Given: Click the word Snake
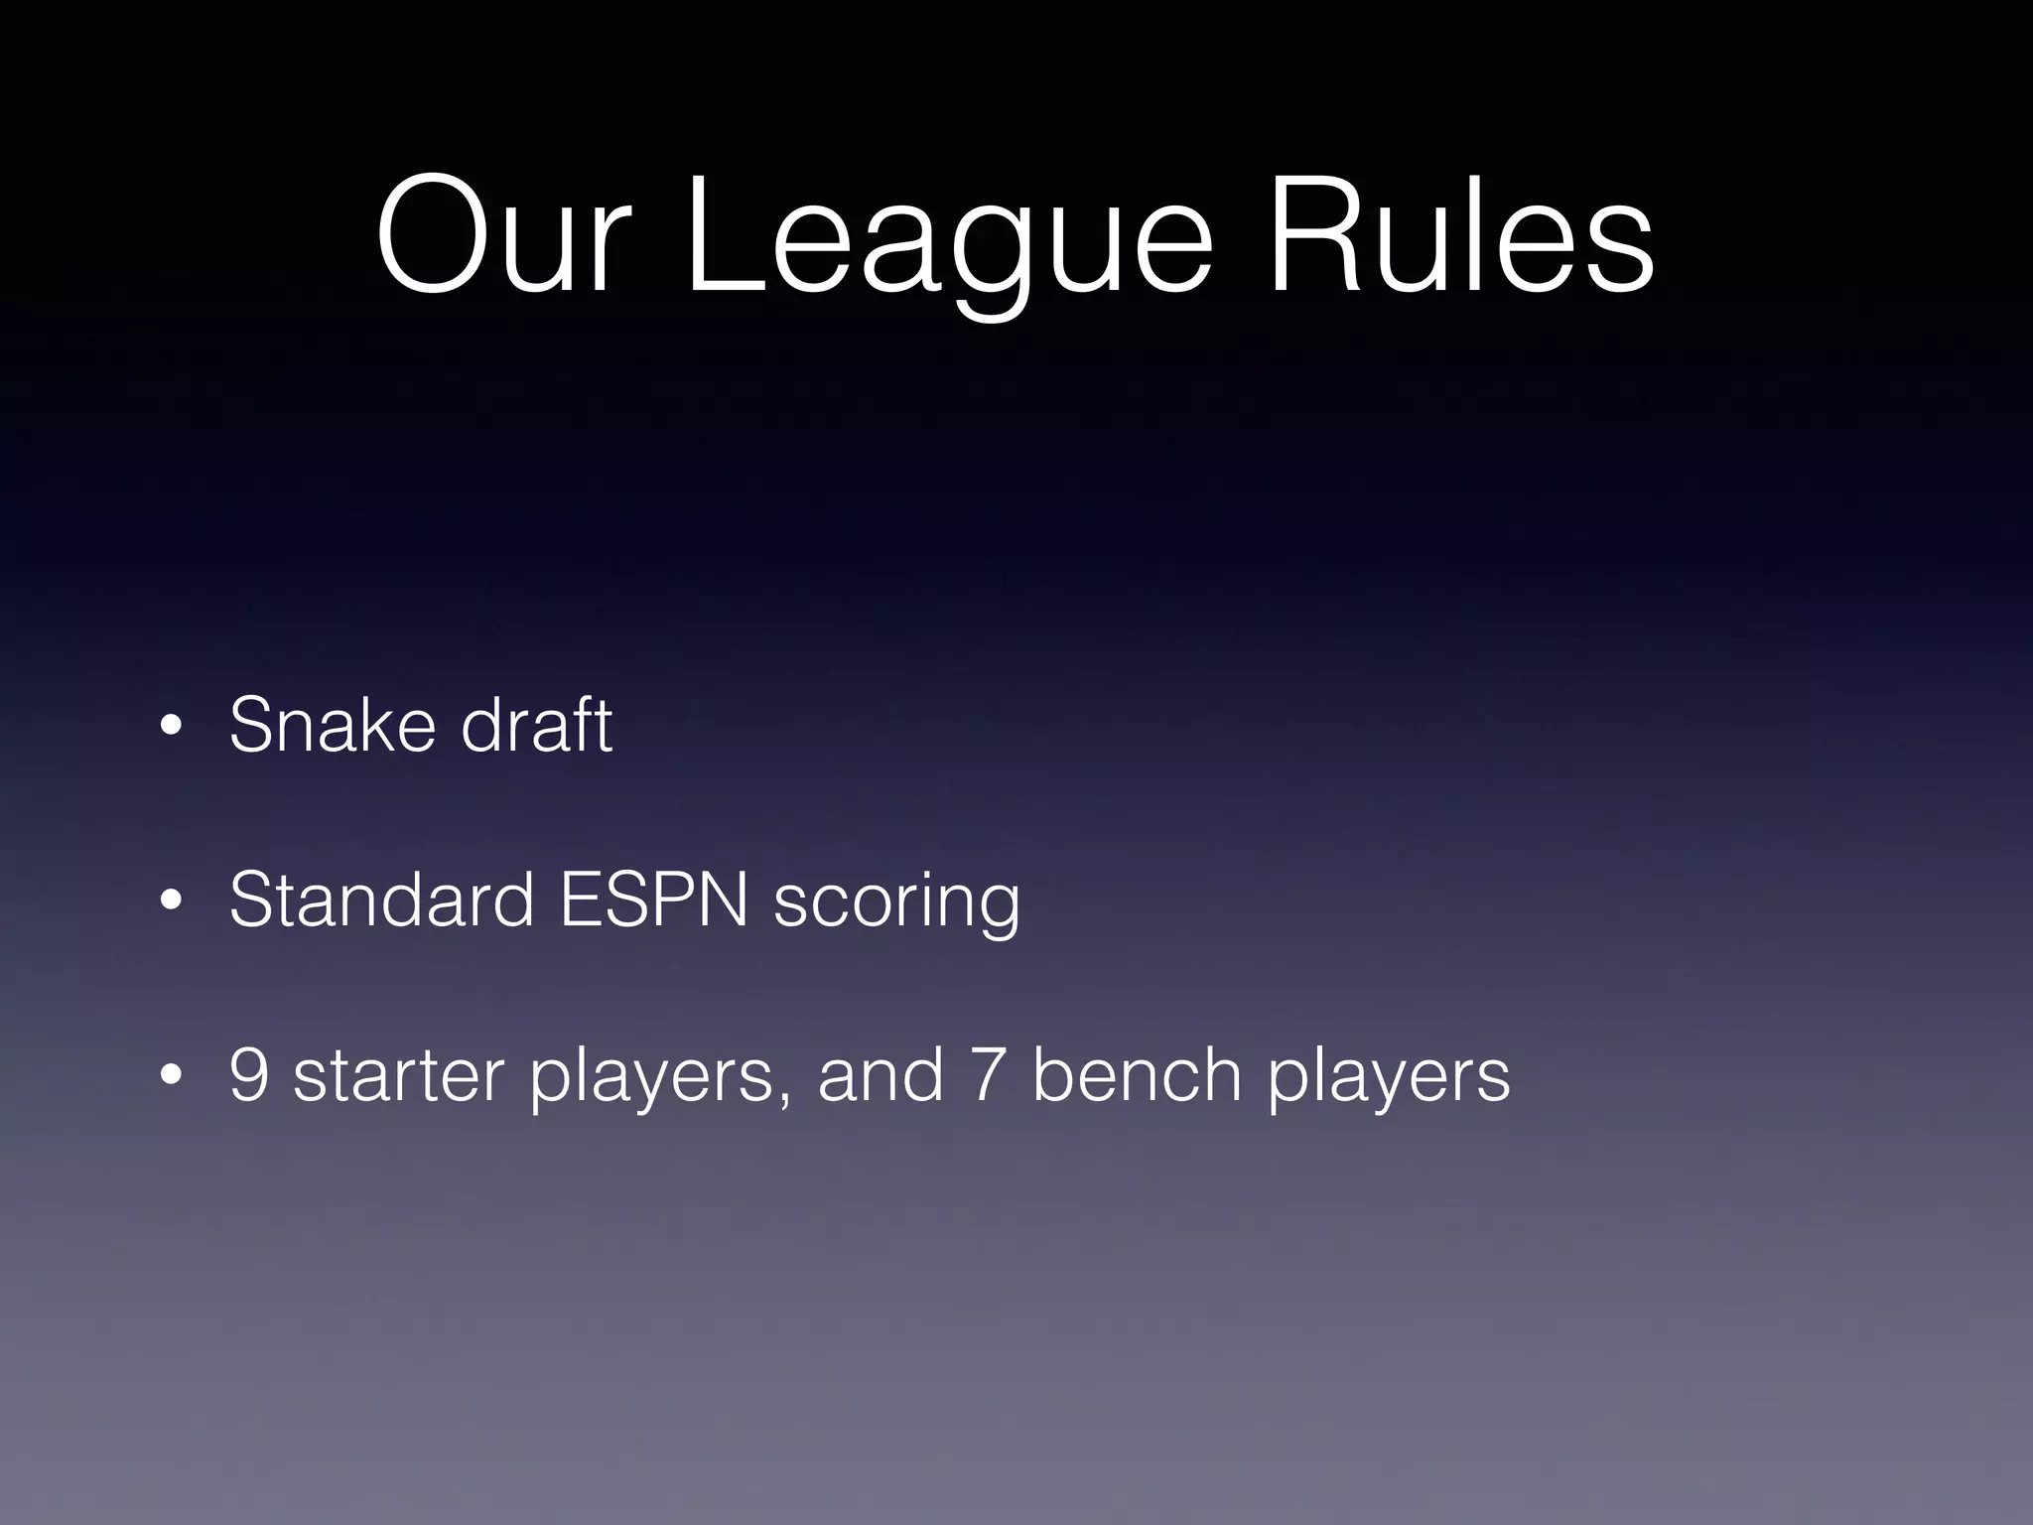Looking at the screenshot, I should tap(332, 724).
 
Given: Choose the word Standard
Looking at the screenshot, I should tap(381, 900).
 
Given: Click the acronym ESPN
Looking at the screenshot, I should tap(653, 900).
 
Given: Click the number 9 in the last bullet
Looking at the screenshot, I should tap(249, 1075).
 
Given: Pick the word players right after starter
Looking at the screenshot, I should tap(651, 1082).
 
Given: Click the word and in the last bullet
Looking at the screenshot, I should tap(881, 1075).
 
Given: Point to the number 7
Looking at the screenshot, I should tap(987, 1075).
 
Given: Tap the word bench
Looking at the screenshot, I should tap(1137, 1075).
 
